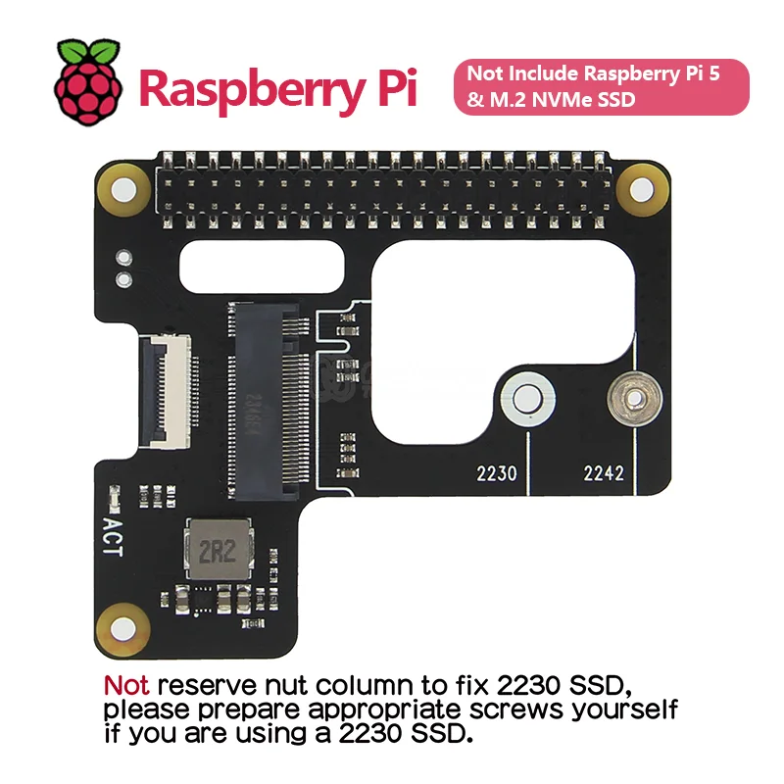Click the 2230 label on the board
[x=496, y=473]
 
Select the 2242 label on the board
[x=604, y=473]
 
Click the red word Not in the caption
[x=126, y=684]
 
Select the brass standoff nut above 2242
[x=627, y=399]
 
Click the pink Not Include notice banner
[x=601, y=86]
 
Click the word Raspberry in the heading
[x=247, y=88]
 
